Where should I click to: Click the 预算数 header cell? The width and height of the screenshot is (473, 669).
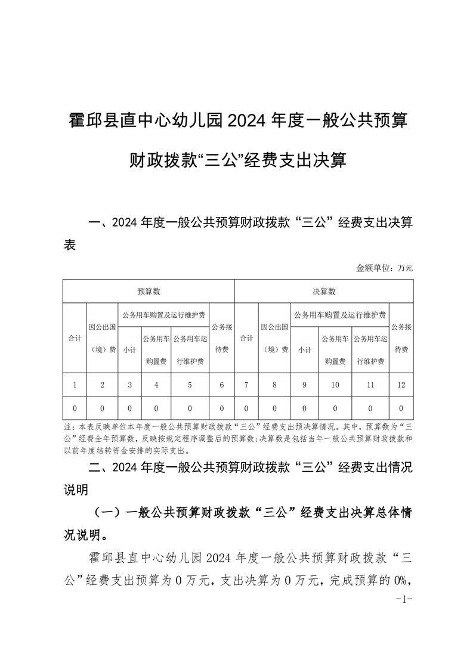pyautogui.click(x=149, y=292)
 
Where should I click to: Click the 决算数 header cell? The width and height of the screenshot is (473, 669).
pyautogui.click(x=324, y=292)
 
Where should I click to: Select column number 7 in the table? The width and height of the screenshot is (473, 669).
pyautogui.click(x=246, y=385)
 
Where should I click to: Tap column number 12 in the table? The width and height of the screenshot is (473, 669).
pyautogui.click(x=401, y=385)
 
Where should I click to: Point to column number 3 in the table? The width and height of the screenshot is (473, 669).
pyautogui.click(x=130, y=385)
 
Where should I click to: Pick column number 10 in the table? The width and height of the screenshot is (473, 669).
pyautogui.click(x=335, y=385)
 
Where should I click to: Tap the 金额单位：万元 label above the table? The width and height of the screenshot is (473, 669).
pyautogui.click(x=385, y=268)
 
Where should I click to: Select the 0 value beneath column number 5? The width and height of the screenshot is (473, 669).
pyautogui.click(x=190, y=408)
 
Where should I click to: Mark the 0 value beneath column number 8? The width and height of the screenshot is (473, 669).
pyautogui.click(x=274, y=408)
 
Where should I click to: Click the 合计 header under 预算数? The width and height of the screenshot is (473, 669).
pyautogui.click(x=75, y=338)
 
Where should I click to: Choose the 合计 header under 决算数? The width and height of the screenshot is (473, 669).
pyautogui.click(x=246, y=338)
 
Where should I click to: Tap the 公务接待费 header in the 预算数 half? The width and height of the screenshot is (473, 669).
pyautogui.click(x=221, y=338)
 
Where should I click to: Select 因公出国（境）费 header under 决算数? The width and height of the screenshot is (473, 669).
pyautogui.click(x=274, y=338)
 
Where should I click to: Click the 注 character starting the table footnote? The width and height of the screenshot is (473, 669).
pyautogui.click(x=66, y=428)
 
